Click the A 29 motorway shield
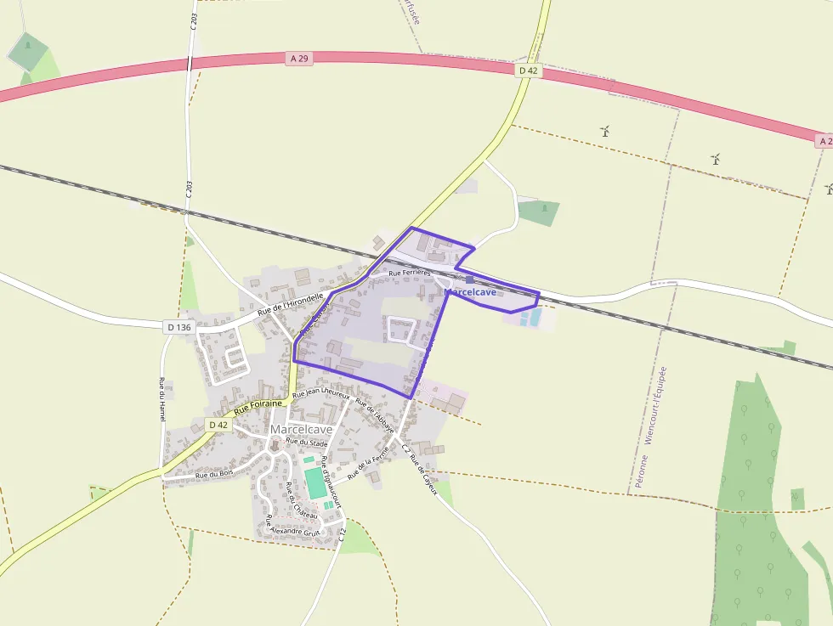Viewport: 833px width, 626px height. click(298, 58)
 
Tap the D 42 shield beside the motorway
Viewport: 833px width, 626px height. click(528, 70)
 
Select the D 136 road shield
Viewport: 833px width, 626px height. click(179, 326)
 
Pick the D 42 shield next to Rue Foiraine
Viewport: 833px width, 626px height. click(218, 424)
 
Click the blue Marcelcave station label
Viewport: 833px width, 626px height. click(470, 292)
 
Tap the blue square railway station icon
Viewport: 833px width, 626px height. click(469, 279)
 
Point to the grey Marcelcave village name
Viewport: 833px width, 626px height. click(301, 430)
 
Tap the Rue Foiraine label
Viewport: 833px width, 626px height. click(258, 408)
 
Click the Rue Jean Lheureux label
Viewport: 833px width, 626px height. click(321, 395)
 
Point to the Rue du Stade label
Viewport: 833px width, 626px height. click(306, 443)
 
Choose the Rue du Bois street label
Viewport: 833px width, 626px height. click(214, 474)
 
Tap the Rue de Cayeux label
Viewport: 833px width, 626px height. click(422, 477)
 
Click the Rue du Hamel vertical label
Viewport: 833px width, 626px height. click(161, 399)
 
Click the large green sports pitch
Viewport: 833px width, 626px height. click(315, 482)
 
